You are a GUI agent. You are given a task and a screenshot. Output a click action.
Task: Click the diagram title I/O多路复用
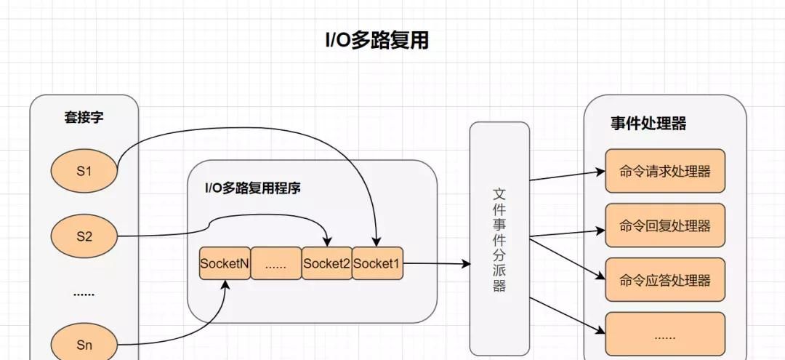(x=377, y=40)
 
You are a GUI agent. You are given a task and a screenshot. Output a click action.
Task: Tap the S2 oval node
(x=84, y=235)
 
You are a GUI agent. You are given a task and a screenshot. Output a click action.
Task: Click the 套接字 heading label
(x=84, y=117)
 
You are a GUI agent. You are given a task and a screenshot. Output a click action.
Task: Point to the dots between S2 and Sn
(x=84, y=293)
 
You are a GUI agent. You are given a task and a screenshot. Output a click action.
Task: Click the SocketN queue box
(x=225, y=264)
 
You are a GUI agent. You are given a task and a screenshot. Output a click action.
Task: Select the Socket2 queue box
(x=326, y=264)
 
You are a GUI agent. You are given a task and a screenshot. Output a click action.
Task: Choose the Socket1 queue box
(x=377, y=264)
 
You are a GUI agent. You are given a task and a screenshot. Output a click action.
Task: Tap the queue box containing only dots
(x=275, y=264)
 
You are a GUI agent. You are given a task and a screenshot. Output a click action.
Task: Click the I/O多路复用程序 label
(x=252, y=188)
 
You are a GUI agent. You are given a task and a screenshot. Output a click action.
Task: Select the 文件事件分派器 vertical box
(x=499, y=238)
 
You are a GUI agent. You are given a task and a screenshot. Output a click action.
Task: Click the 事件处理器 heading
(x=648, y=124)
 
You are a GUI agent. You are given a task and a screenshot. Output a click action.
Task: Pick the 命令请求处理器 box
(x=665, y=172)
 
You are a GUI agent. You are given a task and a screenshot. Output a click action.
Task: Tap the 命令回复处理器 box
(x=665, y=225)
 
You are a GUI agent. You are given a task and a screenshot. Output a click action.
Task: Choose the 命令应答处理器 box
(x=665, y=280)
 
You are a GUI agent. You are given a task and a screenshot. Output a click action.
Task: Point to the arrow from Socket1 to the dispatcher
(x=436, y=264)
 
